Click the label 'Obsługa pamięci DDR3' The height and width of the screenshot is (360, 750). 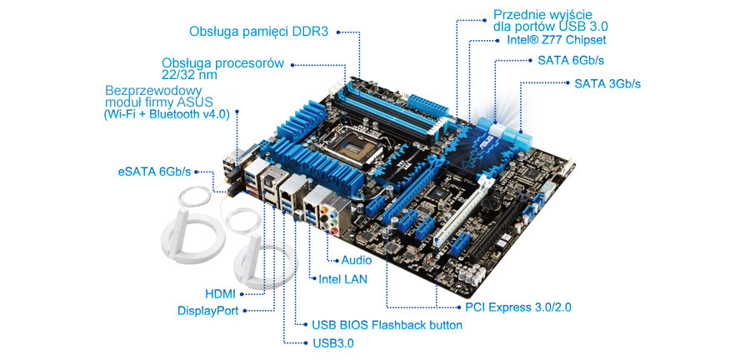(259, 32)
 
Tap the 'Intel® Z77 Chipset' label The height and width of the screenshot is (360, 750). (557, 40)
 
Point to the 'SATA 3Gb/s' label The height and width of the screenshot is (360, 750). (607, 83)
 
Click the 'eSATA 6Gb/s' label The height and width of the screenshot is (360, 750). (154, 172)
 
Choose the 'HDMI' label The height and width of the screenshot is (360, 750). (220, 294)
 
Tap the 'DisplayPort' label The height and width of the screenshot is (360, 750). (208, 311)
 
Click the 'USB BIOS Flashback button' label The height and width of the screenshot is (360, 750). (387, 325)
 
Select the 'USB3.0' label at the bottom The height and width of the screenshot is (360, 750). (333, 342)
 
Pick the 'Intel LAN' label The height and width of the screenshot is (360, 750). (343, 278)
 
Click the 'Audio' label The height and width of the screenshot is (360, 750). (357, 261)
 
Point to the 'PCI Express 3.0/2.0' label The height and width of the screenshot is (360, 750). (518, 307)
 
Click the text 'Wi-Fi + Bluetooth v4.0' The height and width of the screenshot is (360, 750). (167, 115)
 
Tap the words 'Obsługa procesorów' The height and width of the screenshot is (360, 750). (222, 63)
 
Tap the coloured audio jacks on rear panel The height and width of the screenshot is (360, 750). (329, 219)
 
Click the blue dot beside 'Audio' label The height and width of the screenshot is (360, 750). (337, 261)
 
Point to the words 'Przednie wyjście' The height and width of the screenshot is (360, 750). (542, 14)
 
